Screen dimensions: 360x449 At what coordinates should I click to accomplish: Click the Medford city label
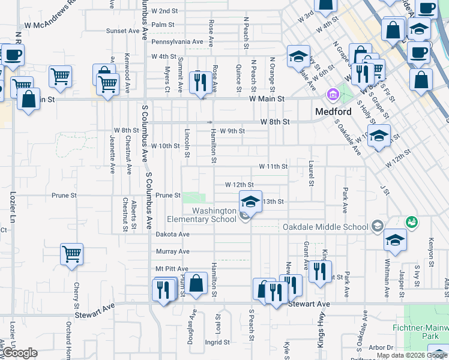(x=333, y=112)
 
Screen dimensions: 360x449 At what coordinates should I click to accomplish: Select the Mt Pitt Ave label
(x=172, y=268)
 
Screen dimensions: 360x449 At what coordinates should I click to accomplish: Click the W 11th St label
(x=273, y=166)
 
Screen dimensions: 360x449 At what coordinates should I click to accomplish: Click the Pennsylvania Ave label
(x=177, y=42)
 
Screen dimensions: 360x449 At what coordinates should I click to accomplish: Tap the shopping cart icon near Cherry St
(x=71, y=254)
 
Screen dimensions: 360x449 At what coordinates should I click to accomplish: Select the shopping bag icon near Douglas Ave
(x=196, y=283)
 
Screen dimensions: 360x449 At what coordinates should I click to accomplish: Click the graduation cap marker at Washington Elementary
(x=251, y=201)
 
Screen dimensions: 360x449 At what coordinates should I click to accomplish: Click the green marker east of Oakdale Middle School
(x=411, y=222)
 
